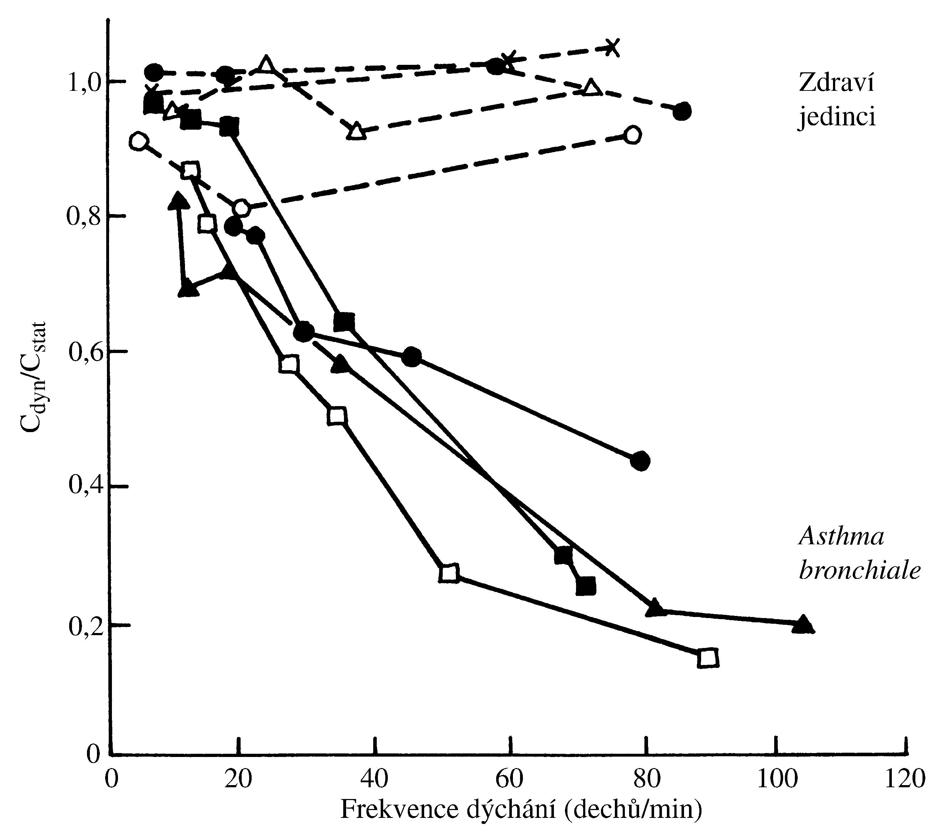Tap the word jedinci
coord(837,118)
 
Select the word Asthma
coord(842,537)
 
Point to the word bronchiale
coord(859,571)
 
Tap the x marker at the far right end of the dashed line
coord(612,47)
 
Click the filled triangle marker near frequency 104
coord(802,624)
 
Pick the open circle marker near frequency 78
coord(632,135)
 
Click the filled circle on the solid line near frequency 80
coord(640,461)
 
